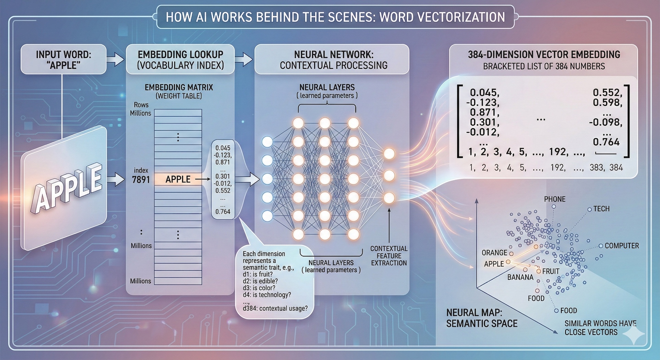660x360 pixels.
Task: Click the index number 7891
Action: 141,179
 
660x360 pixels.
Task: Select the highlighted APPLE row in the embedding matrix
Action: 178,179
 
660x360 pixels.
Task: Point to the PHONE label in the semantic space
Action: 554,199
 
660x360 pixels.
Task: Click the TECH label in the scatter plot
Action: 601,209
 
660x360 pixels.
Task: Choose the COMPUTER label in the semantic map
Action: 621,246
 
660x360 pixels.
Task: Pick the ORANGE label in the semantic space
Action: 494,253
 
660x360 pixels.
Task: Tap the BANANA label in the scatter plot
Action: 520,277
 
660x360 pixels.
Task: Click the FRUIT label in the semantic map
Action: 551,271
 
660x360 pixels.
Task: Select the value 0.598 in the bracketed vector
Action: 607,102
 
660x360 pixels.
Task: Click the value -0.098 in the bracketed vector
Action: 605,122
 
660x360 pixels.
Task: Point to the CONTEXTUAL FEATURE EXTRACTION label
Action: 389,256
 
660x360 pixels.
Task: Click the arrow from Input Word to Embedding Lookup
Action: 115,59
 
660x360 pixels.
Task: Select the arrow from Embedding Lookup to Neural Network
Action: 244,59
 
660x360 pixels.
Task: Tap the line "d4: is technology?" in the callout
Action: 267,295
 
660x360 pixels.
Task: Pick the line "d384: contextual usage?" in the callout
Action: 275,308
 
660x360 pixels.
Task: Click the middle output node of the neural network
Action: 389,176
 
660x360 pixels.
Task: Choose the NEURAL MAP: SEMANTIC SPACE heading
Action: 482,318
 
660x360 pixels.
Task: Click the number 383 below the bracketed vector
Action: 596,167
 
